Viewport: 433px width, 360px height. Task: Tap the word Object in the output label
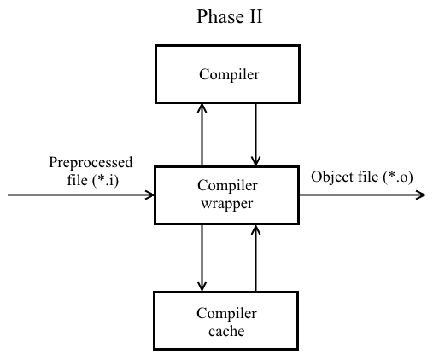[x=331, y=177]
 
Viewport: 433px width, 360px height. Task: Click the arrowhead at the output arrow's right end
[x=420, y=195]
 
